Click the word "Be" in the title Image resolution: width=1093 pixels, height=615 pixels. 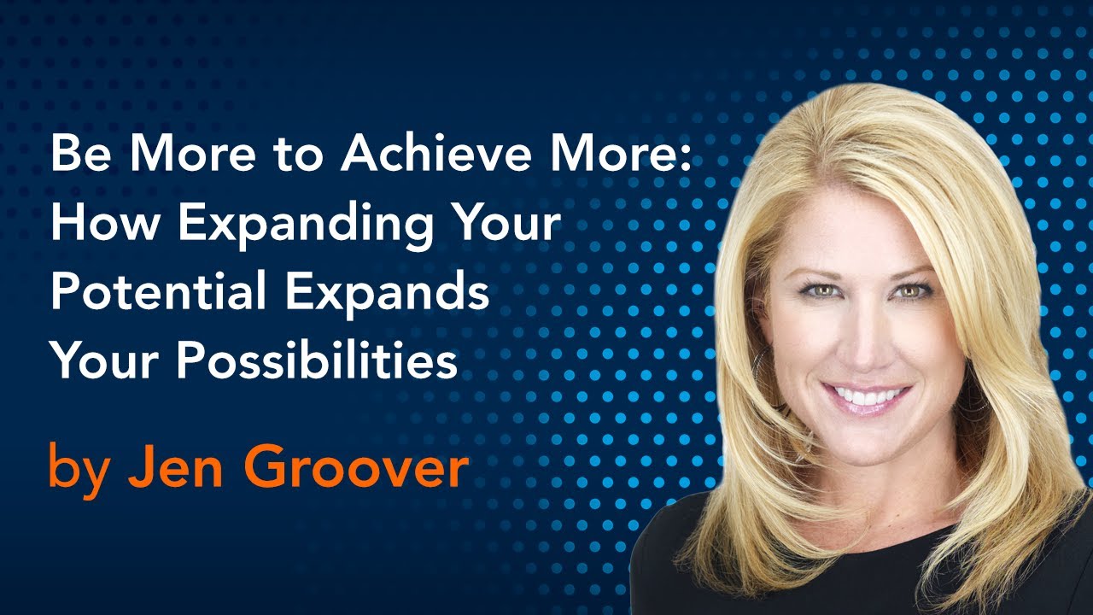pyautogui.click(x=80, y=153)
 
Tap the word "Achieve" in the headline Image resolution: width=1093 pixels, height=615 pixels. pyautogui.click(x=435, y=152)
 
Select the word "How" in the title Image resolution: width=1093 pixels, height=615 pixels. pyautogui.click(x=105, y=222)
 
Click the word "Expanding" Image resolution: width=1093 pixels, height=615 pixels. pyautogui.click(x=306, y=226)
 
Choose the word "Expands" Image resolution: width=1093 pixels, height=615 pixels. pyautogui.click(x=387, y=295)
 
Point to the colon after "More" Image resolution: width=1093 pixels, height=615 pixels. pyautogui.click(x=687, y=158)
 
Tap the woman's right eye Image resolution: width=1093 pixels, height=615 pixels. pyautogui.click(x=821, y=291)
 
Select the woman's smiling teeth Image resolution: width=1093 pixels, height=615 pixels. pyautogui.click(x=867, y=395)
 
